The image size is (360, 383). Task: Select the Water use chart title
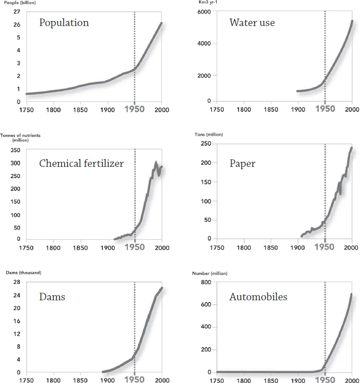(252, 23)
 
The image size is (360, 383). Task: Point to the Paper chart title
(242, 164)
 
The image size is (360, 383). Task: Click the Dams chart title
(52, 297)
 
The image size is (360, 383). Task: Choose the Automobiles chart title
(258, 297)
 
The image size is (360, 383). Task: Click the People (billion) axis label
(19, 3)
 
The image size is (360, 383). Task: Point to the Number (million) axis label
(210, 273)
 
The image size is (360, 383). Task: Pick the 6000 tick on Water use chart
(204, 12)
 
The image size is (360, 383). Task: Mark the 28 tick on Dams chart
(16, 282)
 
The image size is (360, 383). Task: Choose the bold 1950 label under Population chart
(134, 110)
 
